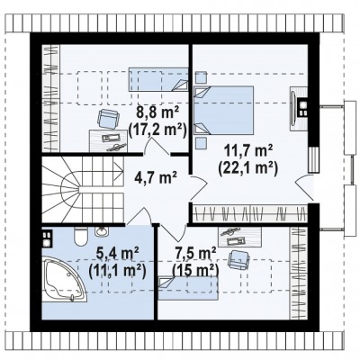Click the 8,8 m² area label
(157, 113)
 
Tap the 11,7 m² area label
(248, 149)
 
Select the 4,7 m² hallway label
(155, 176)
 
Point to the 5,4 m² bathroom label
(117, 255)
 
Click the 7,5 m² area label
(195, 254)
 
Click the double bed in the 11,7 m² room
(223, 110)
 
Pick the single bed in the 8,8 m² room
(158, 79)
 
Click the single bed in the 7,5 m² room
(188, 288)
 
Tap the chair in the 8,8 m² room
(108, 118)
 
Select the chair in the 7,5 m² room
(238, 259)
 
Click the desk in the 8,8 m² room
(109, 140)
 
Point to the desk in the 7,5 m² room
(239, 237)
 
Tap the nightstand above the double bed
(201, 77)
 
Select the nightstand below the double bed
(201, 143)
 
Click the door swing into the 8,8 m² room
(157, 146)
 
